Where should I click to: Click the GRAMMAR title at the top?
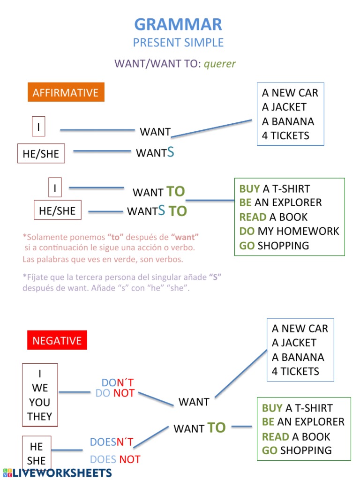click(x=178, y=24)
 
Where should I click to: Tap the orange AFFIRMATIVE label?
click(x=66, y=92)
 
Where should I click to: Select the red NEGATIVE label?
click(x=57, y=340)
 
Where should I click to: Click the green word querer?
click(x=220, y=64)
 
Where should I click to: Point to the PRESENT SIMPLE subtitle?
click(x=178, y=43)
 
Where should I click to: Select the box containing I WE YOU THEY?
click(x=40, y=395)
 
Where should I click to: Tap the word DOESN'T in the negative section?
click(x=112, y=442)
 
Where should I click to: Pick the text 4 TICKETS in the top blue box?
click(x=285, y=135)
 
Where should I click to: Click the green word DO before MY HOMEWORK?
click(x=247, y=231)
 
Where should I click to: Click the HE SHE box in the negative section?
click(x=37, y=453)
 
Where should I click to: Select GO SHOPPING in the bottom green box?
click(x=297, y=450)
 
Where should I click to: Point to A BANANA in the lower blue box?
click(x=298, y=357)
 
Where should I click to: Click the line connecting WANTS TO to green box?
click(x=210, y=201)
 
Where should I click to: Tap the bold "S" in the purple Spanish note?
click(x=215, y=277)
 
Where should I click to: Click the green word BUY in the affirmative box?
click(x=249, y=189)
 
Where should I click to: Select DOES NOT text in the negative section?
click(x=115, y=459)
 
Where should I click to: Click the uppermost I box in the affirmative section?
click(x=38, y=127)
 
